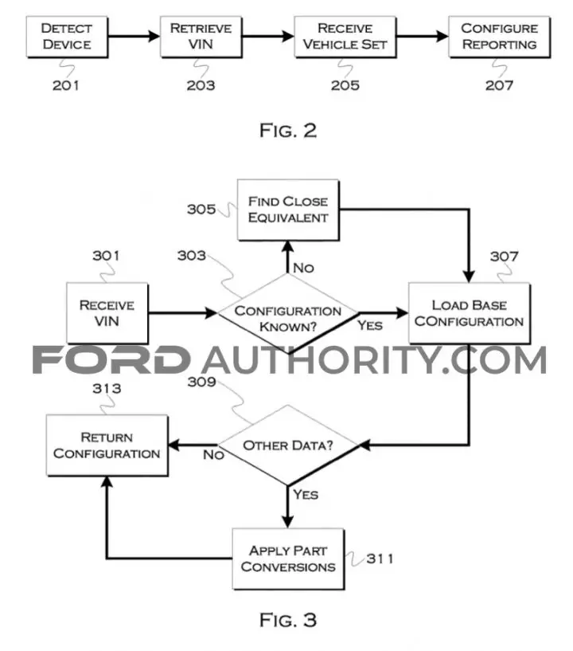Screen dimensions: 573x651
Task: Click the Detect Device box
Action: point(67,37)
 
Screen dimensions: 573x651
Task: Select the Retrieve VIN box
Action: point(201,37)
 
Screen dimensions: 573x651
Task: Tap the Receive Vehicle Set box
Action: point(345,37)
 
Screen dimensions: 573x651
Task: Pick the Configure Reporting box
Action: point(500,37)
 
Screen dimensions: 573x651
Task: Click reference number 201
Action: point(65,85)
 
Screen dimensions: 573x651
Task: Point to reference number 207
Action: point(499,85)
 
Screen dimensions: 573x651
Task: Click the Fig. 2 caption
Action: point(288,131)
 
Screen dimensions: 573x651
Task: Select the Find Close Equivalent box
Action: point(288,210)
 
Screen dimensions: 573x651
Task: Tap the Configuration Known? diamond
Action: point(288,313)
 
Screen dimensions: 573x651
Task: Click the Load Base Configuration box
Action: point(469,313)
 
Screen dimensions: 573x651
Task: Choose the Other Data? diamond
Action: point(288,445)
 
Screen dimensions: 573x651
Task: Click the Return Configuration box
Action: point(107,445)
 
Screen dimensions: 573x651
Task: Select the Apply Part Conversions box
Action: point(288,559)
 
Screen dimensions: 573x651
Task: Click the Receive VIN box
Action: point(107,313)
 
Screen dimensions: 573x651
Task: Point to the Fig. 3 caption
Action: point(288,620)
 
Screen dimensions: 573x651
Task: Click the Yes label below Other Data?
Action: point(306,495)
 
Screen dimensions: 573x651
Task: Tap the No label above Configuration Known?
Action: point(303,268)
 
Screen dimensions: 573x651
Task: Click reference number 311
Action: point(380,559)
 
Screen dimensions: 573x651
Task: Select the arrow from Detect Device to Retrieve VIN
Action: point(134,37)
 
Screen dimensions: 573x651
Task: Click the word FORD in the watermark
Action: point(111,360)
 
